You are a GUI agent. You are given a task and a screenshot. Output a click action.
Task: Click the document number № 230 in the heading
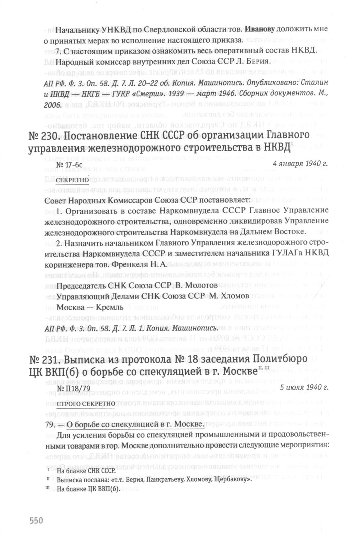42,136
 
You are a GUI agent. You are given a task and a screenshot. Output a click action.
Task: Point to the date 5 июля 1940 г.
304,388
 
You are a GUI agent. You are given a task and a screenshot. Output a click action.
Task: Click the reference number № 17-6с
69,164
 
